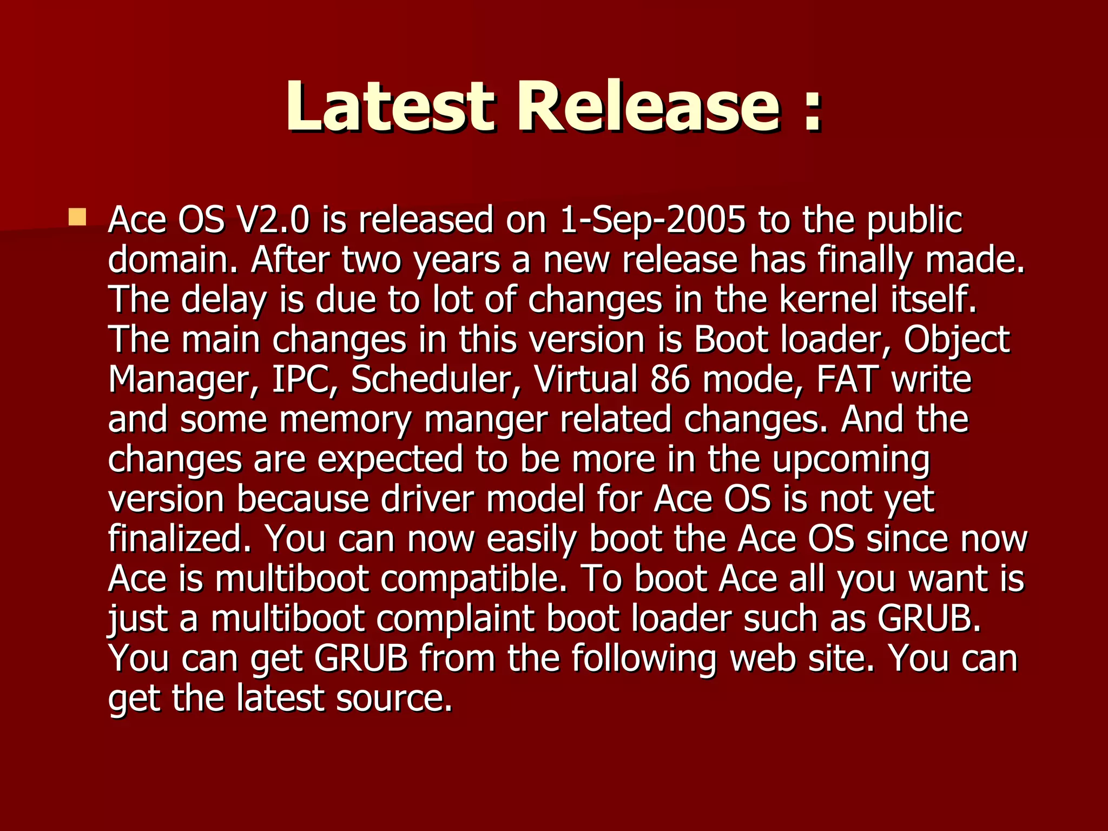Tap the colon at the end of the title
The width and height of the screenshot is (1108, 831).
pos(812,111)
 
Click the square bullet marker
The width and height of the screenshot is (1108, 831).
pos(77,217)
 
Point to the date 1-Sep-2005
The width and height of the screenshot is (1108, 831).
pos(652,220)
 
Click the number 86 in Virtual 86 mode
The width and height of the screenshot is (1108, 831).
pos(670,379)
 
